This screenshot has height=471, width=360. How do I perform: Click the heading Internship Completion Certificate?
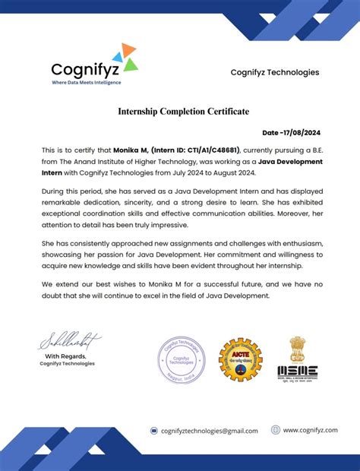point(183,112)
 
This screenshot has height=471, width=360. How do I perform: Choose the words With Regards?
point(65,356)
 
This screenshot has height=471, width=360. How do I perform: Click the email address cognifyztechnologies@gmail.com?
point(210,431)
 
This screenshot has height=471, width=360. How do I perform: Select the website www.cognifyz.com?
point(310,430)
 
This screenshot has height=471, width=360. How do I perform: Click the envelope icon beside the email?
point(154,431)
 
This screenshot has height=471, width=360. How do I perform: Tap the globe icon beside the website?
point(275,430)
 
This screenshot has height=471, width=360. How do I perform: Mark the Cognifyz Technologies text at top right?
point(275,72)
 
